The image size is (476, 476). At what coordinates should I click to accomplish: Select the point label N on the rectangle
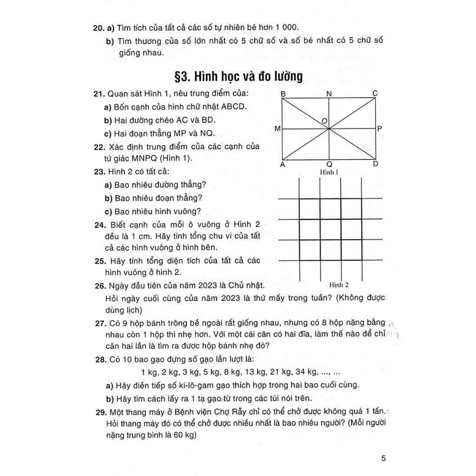point(329,94)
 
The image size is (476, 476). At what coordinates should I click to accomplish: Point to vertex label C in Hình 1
point(375,94)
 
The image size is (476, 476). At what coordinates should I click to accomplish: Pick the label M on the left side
point(277,128)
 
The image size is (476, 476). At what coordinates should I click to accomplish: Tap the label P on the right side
point(380,128)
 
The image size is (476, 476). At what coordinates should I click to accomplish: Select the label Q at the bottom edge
point(329,165)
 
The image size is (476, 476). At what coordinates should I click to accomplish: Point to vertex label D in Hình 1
point(376,164)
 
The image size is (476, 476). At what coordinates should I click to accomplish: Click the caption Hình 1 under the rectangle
point(329,172)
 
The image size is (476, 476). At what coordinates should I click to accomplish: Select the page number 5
point(383,458)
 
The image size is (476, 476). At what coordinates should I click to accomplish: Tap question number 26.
point(99,285)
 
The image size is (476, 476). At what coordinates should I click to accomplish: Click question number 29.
point(99,412)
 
